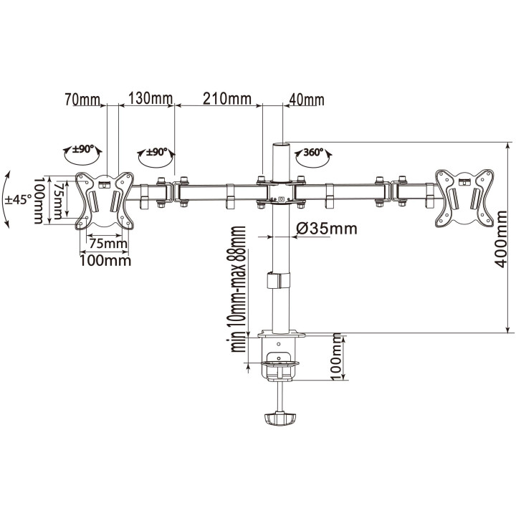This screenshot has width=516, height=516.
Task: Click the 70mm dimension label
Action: click(x=82, y=100)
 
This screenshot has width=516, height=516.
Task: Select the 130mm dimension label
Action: click(x=150, y=98)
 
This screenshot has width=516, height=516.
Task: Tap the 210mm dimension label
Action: click(x=227, y=98)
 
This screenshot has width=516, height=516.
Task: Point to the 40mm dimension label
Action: click(x=307, y=100)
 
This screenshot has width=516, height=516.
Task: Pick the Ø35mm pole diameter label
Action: click(x=327, y=229)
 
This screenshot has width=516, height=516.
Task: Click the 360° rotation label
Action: click(x=314, y=153)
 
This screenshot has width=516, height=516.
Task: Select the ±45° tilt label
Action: click(x=19, y=199)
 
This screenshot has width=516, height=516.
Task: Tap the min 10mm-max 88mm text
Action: click(x=239, y=289)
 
